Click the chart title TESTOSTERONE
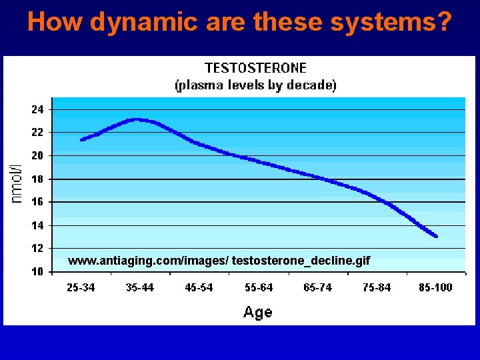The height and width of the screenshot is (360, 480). click(255, 68)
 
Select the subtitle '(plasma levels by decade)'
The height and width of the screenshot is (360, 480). click(255, 85)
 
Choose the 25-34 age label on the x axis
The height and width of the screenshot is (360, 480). click(81, 287)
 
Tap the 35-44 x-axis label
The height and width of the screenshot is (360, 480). click(140, 287)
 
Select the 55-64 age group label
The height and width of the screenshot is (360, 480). click(259, 287)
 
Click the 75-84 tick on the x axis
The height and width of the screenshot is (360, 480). click(377, 287)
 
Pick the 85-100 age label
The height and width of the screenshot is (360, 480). click(435, 287)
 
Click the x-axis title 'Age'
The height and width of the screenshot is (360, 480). click(257, 312)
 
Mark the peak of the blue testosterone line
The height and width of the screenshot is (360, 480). click(137, 120)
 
